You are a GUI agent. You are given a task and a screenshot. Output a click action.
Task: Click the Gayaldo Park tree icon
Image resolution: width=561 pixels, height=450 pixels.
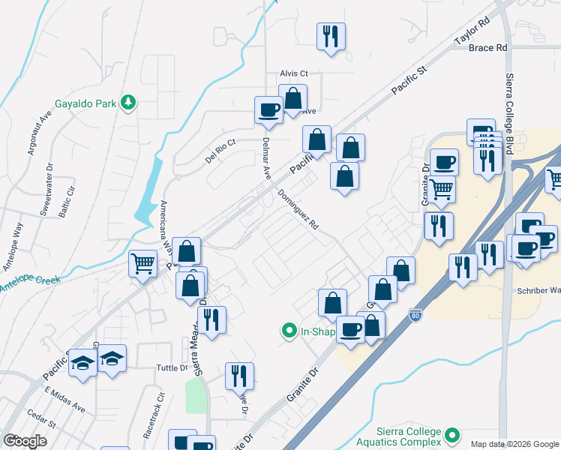129,103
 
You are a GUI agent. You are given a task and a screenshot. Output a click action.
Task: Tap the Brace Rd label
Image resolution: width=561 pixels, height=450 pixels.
487,48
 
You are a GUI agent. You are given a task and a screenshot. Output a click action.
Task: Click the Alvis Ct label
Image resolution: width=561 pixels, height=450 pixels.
294,73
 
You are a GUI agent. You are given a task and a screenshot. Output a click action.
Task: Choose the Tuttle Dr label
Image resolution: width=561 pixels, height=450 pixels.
172,367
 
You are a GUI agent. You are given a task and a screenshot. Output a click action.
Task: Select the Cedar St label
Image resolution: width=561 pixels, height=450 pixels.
42,423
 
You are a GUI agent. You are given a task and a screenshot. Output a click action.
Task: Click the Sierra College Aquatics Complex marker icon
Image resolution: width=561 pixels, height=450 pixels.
451,434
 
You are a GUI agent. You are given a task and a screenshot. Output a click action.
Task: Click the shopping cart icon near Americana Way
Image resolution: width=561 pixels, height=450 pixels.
142,263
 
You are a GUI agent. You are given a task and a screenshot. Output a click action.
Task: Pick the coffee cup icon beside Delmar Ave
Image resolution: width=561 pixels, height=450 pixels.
268,109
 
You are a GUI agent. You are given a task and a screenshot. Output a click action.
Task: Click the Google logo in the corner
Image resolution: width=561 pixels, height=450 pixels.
25,441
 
